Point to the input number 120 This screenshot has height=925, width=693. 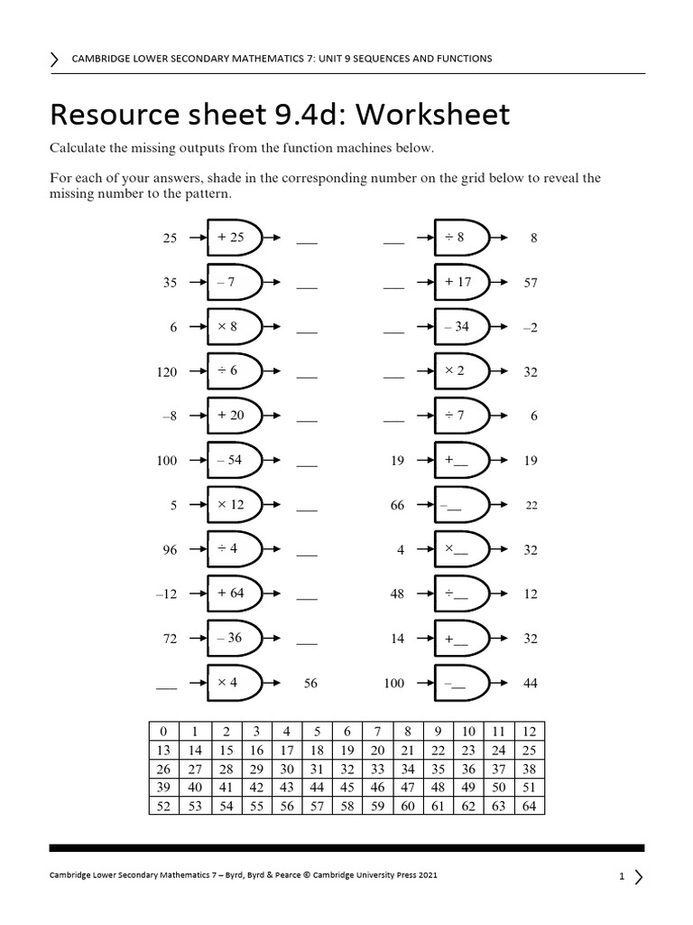tap(167, 372)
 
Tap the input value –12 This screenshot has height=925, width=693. tap(167, 594)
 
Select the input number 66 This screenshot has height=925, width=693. tap(397, 506)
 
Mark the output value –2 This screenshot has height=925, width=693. tap(530, 328)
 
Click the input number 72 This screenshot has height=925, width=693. tap(170, 639)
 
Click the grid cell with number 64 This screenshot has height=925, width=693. tap(530, 806)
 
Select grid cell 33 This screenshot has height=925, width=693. tap(377, 770)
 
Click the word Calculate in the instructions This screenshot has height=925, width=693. tap(78, 148)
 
